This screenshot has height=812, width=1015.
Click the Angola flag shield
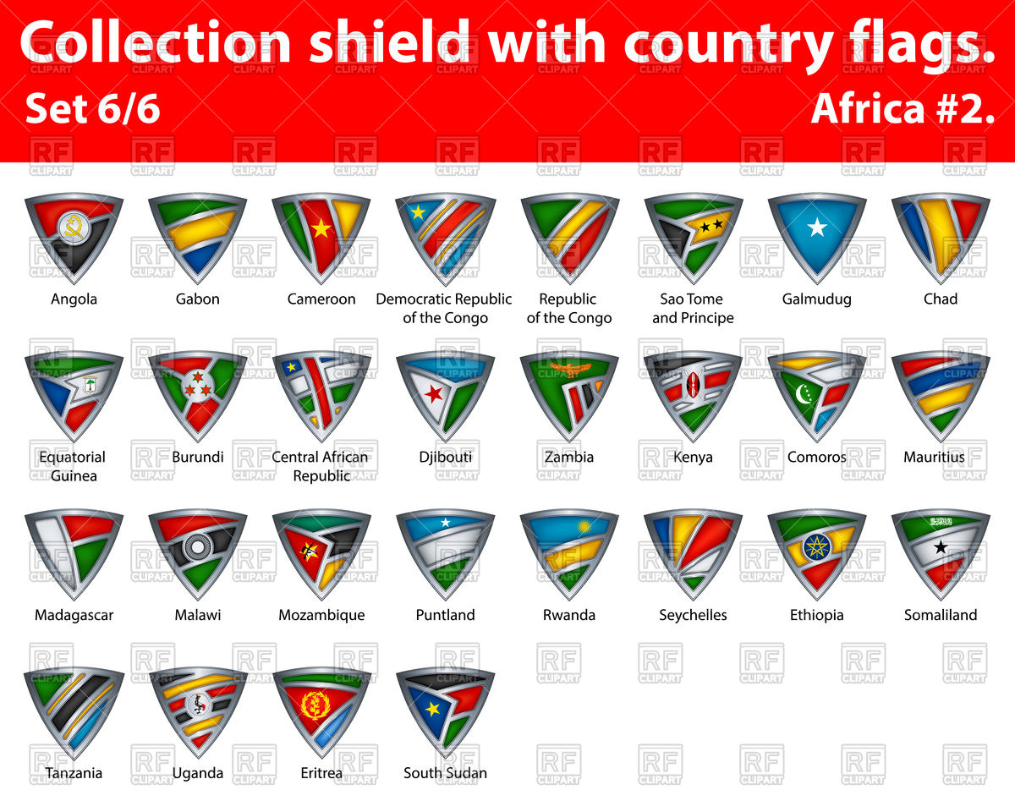point(74,237)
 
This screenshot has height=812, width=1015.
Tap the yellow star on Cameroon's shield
point(321,228)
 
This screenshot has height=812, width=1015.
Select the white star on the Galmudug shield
point(816,227)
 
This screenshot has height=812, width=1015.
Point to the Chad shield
point(940,237)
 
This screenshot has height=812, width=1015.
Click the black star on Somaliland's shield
point(940,546)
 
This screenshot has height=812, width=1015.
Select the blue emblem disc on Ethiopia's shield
point(816,546)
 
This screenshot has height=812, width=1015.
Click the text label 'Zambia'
point(569,457)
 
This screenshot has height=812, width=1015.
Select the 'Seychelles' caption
point(693,615)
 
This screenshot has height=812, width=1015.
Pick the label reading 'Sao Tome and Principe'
point(693,309)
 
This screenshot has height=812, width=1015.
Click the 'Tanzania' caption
point(74,773)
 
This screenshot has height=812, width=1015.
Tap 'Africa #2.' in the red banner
point(903,109)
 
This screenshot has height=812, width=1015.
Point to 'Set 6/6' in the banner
point(93,109)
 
